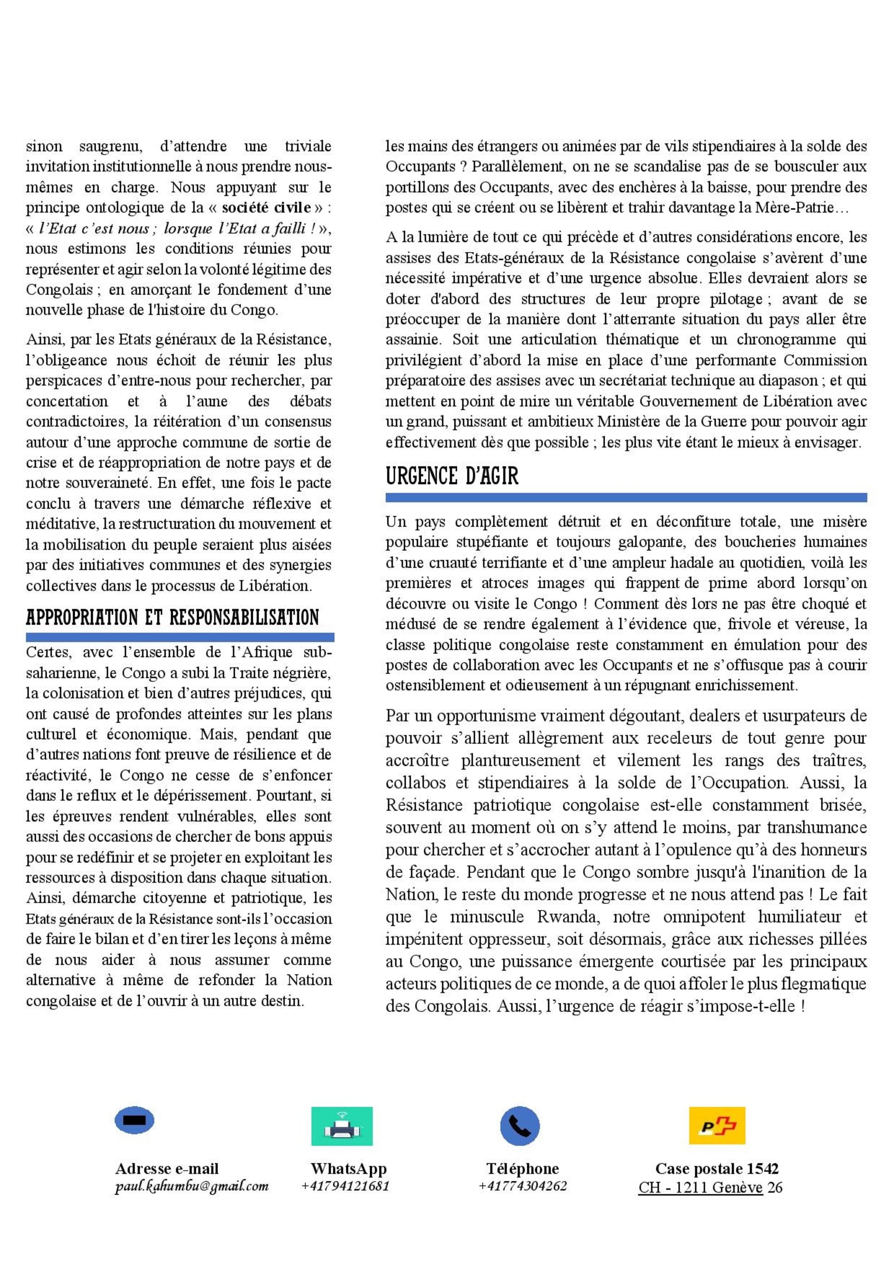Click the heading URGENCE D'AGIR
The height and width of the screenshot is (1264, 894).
point(452,476)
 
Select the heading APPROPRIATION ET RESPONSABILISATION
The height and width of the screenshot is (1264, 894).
point(172,617)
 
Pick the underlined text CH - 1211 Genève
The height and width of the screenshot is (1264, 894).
point(700,1187)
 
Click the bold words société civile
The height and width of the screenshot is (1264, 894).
point(266,208)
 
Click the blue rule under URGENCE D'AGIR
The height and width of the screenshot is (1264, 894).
point(626,498)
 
